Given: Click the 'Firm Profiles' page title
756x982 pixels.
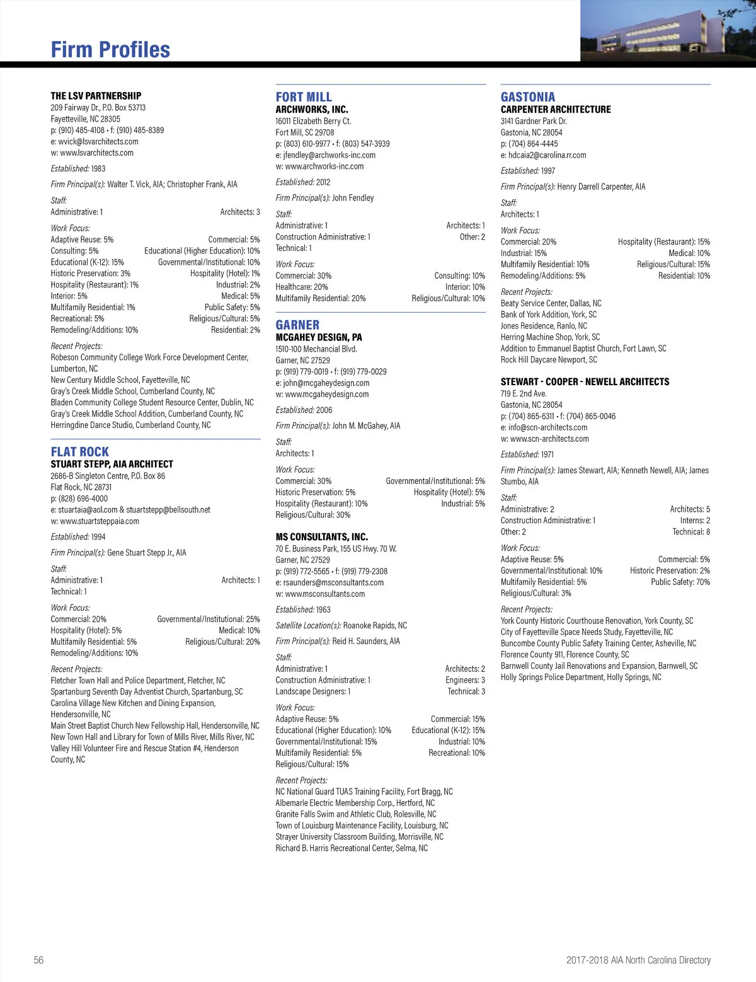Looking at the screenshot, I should pos(110,50).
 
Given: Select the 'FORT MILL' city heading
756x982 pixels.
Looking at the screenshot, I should pos(304,97).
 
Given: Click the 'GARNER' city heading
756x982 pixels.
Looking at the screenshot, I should pos(297,325).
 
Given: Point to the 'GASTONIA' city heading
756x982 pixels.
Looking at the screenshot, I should pos(528,97).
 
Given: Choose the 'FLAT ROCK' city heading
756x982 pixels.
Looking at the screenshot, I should pos(80,452).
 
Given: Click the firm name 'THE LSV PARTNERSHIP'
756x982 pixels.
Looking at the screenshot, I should pos(96,96).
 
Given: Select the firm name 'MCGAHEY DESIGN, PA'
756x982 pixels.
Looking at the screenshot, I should pos(319,337).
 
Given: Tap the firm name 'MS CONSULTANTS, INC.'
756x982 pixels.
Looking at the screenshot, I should pos(322,537).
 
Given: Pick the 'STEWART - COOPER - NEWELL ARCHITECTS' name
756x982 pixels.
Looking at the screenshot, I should pos(585,382).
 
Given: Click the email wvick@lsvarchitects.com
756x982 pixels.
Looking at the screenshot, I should pos(98,142).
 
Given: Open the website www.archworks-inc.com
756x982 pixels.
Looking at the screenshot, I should pos(324,166).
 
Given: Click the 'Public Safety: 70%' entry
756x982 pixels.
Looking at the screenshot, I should pos(680,582).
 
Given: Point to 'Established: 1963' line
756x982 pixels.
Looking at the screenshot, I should pos(303,610).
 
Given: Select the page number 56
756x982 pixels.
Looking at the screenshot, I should pos(39,960).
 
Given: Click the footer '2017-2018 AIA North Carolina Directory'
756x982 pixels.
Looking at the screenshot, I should pos(638,960).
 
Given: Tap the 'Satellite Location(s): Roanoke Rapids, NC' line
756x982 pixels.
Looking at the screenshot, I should pos(341,626).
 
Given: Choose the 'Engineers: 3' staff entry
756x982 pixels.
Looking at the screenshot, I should pos(465,681).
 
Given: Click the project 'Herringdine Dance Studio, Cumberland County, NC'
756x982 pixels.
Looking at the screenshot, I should pos(131,425).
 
